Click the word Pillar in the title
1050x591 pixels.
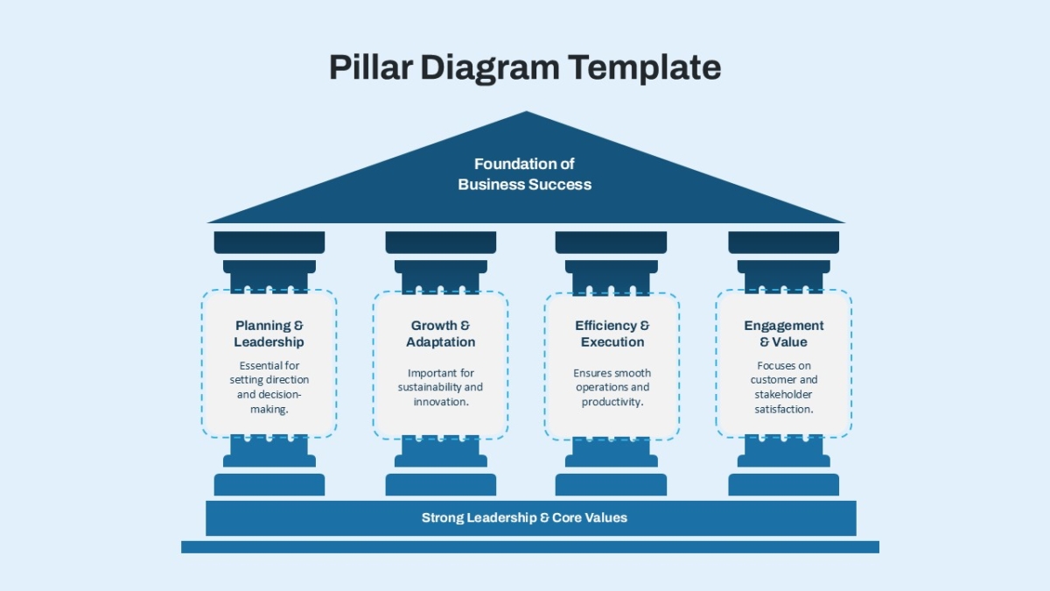coord(370,67)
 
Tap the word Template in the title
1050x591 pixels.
coord(645,68)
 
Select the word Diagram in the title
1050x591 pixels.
coord(490,68)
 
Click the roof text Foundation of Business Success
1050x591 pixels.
coord(524,174)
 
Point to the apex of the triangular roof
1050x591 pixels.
coord(526,111)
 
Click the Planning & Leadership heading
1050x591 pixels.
coord(269,334)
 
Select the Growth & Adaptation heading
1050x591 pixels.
coord(441,334)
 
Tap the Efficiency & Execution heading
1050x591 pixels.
coord(612,334)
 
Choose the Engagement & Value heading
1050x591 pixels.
coord(784,334)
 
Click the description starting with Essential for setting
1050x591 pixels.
coord(269,387)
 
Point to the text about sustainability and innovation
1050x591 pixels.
coord(441,387)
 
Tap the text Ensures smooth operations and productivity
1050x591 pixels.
coord(612,387)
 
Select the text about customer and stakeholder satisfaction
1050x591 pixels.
coord(784,387)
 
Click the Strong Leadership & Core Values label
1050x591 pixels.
coord(524,517)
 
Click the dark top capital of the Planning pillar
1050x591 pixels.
coord(269,242)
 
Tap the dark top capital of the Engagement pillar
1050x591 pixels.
coord(784,242)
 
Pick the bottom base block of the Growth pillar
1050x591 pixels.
coord(441,484)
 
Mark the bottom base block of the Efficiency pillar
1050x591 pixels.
coord(611,484)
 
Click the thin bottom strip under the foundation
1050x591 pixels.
coord(530,547)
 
